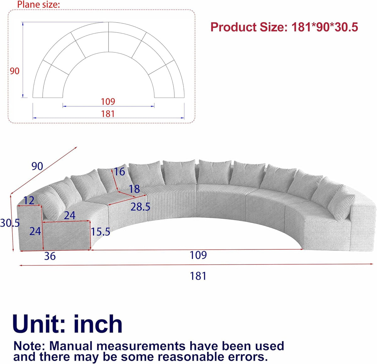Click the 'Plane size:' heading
click(x=38, y=4)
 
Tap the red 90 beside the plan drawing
click(x=15, y=71)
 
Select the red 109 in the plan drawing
click(x=108, y=102)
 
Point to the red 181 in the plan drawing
click(x=108, y=114)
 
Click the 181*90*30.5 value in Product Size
click(x=325, y=27)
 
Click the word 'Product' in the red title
click(x=233, y=27)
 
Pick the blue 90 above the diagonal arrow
click(x=37, y=166)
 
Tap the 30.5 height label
click(x=10, y=223)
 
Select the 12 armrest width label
click(x=29, y=201)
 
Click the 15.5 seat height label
click(x=100, y=232)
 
